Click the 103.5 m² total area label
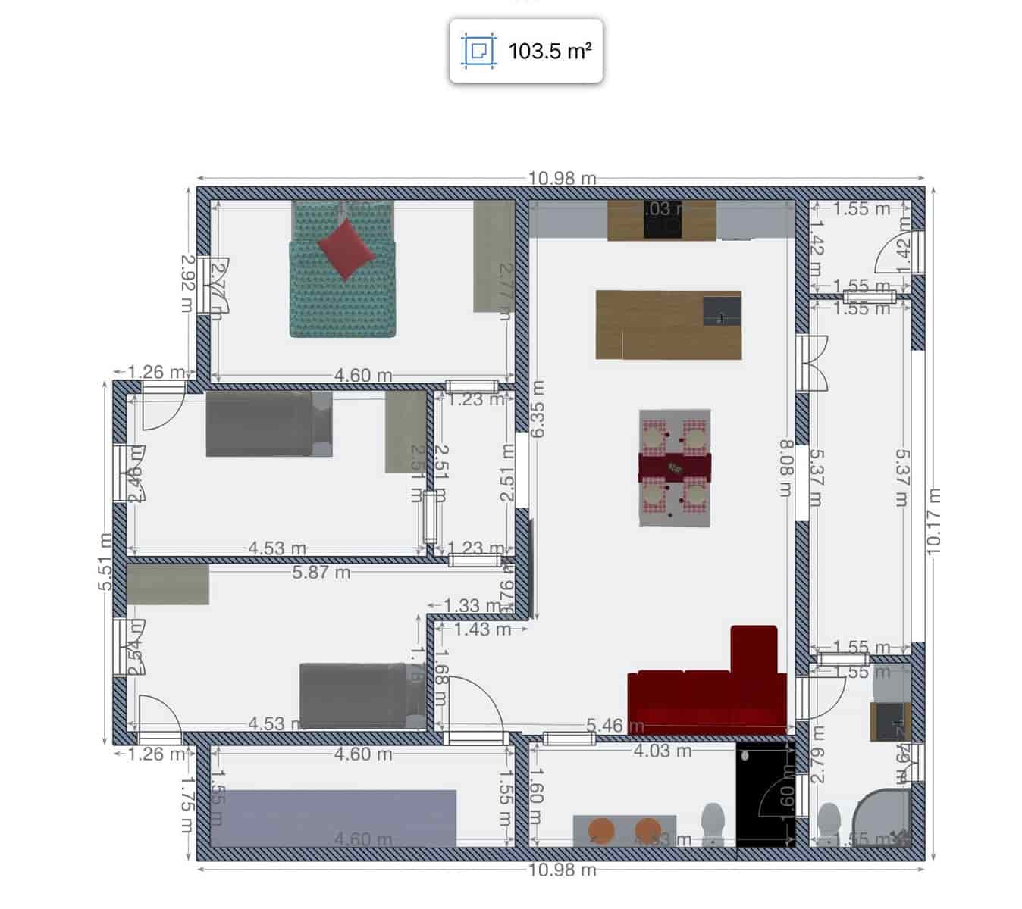[x=549, y=51]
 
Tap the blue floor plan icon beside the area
[x=478, y=51]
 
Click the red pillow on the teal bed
[x=346, y=248]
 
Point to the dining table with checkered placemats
[x=675, y=468]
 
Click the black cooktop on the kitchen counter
[x=663, y=220]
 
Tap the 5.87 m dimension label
[x=321, y=573]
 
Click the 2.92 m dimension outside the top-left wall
[x=187, y=283]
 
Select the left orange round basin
[x=602, y=829]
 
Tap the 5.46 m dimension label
[x=605, y=726]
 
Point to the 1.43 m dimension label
[x=482, y=629]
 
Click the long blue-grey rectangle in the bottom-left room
[x=334, y=817]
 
